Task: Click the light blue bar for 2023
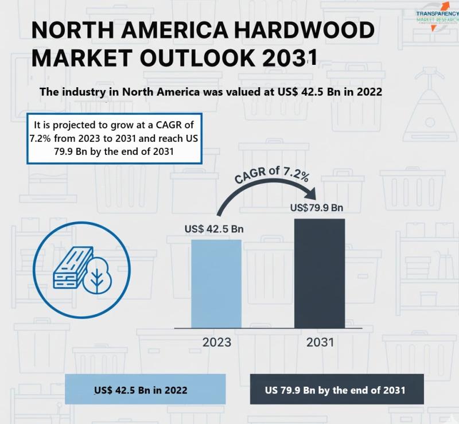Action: (216, 283)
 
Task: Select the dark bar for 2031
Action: (320, 273)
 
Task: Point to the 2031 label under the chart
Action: (320, 343)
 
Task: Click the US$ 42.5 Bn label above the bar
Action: (214, 229)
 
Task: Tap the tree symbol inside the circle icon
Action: (96, 276)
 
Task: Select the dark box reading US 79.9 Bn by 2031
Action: (336, 390)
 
